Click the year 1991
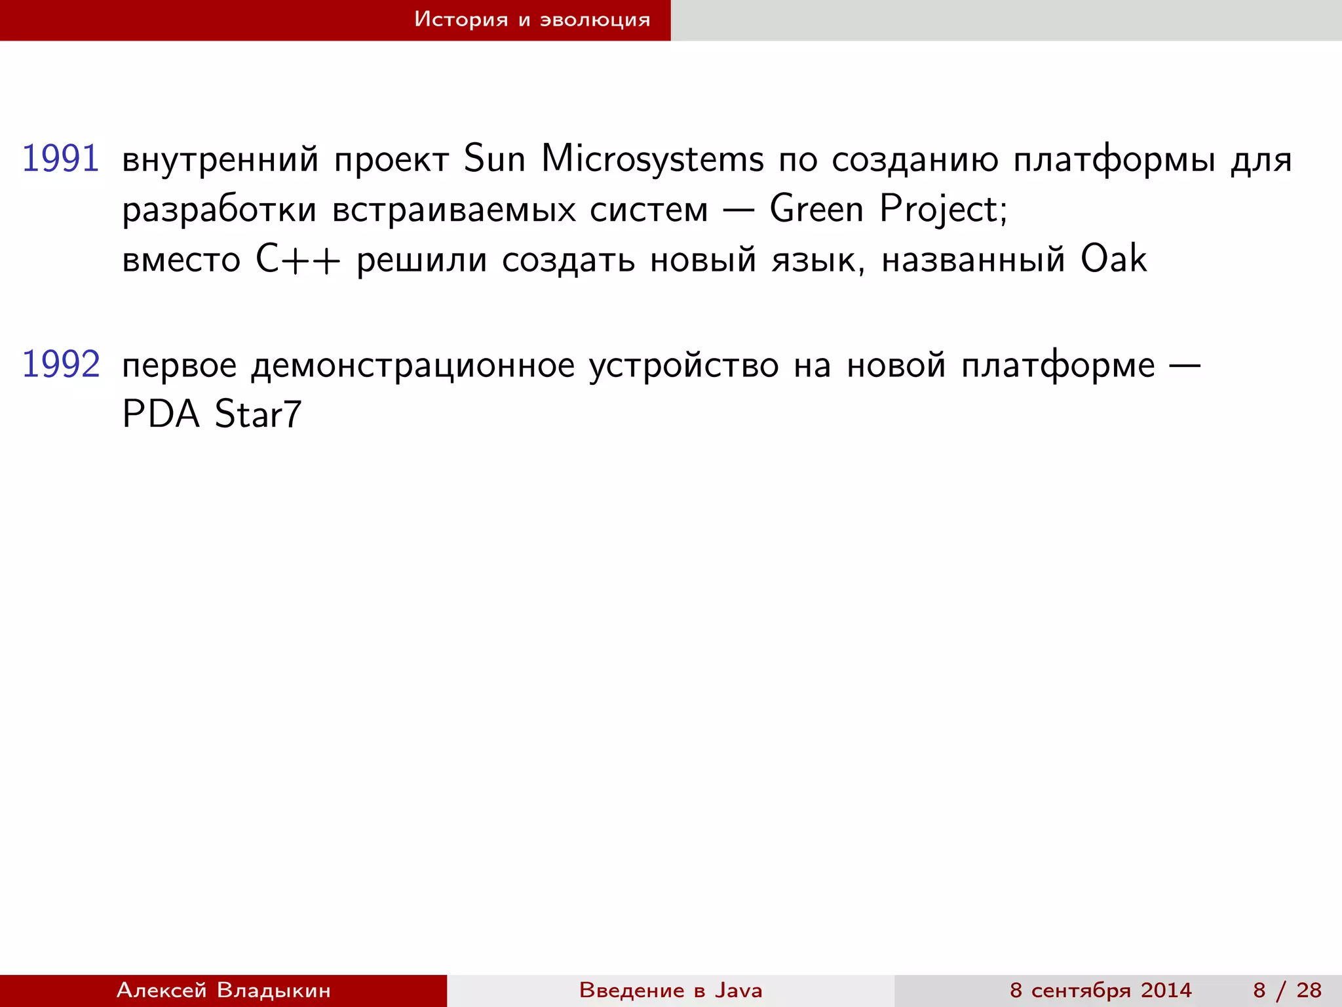click(x=60, y=159)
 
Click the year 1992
click(x=61, y=365)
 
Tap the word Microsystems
click(x=653, y=159)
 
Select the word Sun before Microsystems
click(x=495, y=159)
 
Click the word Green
click(x=816, y=209)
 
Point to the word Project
click(x=942, y=210)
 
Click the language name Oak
click(x=1113, y=259)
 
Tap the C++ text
click(x=298, y=260)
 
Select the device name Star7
click(x=258, y=414)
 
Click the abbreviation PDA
click(x=161, y=414)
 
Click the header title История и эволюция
click(x=532, y=20)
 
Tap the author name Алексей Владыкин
click(x=223, y=990)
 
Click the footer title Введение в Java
click(x=670, y=990)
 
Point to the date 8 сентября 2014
click(x=1100, y=990)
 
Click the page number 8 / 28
click(x=1287, y=990)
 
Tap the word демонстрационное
click(x=413, y=366)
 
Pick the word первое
click(x=180, y=366)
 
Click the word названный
click(x=973, y=260)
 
